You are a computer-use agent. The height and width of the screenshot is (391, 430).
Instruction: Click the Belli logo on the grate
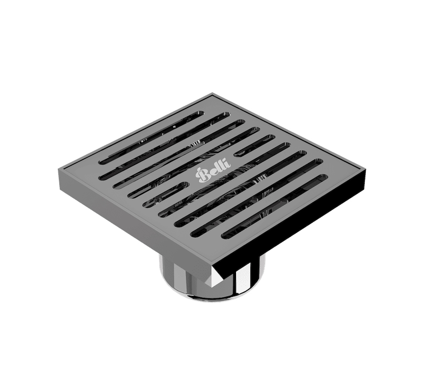pyautogui.click(x=213, y=170)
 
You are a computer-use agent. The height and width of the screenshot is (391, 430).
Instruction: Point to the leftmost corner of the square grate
pyautogui.click(x=58, y=168)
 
